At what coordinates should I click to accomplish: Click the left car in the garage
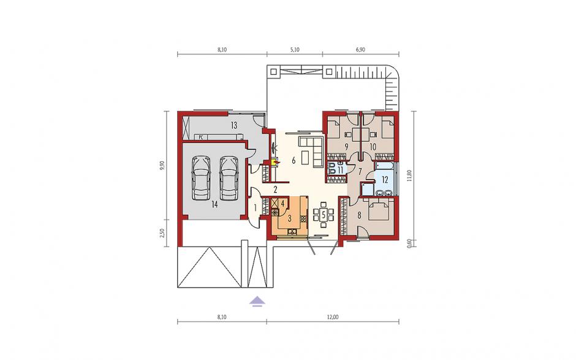[x=202, y=178]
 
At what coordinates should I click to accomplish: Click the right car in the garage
[x=228, y=178]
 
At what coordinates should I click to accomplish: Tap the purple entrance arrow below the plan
[x=257, y=301]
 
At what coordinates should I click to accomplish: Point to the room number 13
[x=234, y=125]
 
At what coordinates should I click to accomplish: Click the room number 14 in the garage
[x=214, y=204]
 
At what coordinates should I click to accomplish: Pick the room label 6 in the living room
[x=294, y=160]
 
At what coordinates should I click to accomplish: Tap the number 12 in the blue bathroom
[x=385, y=180]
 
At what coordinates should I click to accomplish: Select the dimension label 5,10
[x=295, y=50]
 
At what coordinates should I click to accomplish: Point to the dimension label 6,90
[x=360, y=50]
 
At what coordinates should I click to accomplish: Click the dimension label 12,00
[x=333, y=317]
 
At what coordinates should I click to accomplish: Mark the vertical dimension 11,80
[x=411, y=178]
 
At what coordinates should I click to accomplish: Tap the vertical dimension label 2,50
[x=162, y=233]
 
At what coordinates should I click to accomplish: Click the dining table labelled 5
[x=324, y=214]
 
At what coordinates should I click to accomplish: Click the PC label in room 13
[x=201, y=137]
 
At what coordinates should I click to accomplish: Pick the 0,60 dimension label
[x=411, y=243]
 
